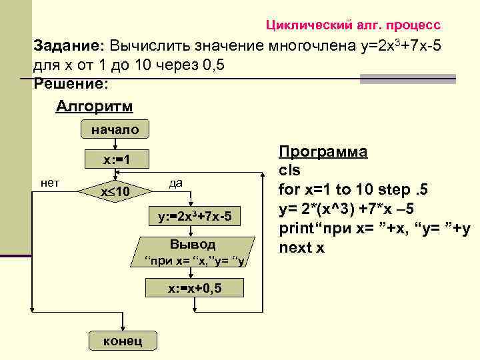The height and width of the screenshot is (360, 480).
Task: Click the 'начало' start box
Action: click(115, 130)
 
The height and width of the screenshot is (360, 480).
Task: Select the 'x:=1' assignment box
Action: click(115, 160)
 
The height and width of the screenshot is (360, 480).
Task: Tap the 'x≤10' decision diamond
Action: click(115, 192)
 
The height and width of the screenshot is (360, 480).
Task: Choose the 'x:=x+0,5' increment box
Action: click(194, 288)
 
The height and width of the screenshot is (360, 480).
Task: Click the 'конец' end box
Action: click(122, 341)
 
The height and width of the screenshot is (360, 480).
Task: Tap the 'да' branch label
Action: click(175, 183)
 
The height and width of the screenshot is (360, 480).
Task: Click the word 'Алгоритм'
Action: click(94, 107)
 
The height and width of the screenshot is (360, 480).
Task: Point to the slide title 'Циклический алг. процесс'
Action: click(353, 25)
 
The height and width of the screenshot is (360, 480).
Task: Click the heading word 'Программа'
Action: click(323, 151)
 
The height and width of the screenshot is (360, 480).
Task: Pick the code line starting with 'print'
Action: click(375, 228)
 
